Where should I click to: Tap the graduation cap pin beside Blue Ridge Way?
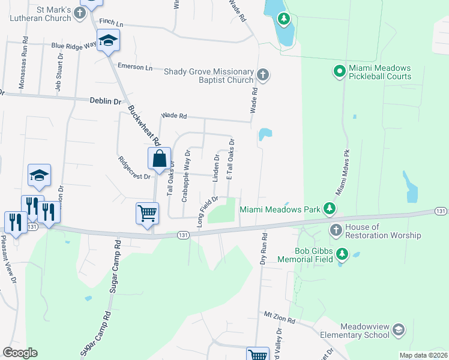pos(109,41)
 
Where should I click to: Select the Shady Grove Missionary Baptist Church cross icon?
pos(262,75)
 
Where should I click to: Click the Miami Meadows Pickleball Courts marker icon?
pos(339,71)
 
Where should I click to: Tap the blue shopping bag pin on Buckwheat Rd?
pos(159,160)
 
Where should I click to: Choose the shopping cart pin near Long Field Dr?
pos(148,213)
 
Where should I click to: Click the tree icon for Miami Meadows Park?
pos(329,209)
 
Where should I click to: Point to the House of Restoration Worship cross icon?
pos(336,230)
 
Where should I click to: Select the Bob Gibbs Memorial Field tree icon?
pos(342,254)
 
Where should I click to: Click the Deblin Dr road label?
pos(106,101)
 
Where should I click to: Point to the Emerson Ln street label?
pos(135,67)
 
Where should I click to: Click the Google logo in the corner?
pos(20,353)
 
